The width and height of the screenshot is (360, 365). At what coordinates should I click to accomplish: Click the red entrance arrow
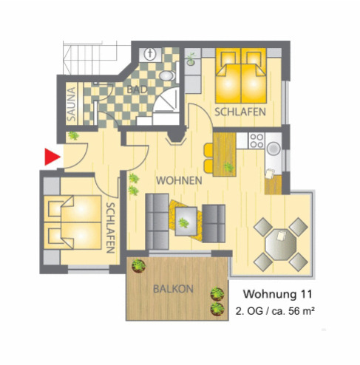(50, 156)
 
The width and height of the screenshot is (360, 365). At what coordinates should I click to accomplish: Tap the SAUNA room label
(72, 103)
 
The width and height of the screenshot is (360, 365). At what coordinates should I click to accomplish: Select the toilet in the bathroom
(150, 54)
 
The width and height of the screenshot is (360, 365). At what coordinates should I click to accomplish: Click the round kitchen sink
(273, 149)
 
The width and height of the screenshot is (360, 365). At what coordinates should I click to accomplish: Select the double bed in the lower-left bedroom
(73, 223)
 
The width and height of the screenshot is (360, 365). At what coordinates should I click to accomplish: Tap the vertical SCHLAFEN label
(110, 228)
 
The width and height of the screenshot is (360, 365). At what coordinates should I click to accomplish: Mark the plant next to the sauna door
(74, 136)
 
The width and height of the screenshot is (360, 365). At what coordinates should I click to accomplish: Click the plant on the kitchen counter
(228, 167)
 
